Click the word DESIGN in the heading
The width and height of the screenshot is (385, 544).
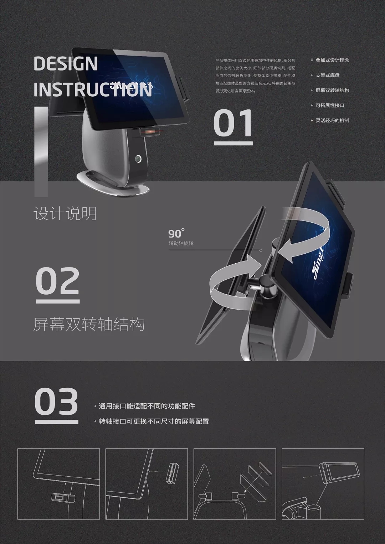pos(66,64)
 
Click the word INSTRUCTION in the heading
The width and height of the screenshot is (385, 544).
pos(93,90)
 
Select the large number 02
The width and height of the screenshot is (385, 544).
pos(58,281)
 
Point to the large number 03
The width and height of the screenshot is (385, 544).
pos(56,401)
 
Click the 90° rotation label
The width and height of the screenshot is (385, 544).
pos(176,234)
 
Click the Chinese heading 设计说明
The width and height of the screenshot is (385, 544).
pos(65,214)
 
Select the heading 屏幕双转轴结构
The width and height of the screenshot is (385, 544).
pos(89,325)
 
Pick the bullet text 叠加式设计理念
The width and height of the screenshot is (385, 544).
pos(332,60)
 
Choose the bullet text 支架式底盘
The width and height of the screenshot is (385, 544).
pos(327,75)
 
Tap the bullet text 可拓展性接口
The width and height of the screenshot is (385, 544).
pos(330,105)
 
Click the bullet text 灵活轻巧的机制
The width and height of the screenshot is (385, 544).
pos(332,120)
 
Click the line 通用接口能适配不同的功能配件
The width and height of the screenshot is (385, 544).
pos(147,406)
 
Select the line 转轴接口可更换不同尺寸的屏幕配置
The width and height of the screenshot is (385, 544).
pos(154,421)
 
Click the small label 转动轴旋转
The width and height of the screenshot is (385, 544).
pos(181,243)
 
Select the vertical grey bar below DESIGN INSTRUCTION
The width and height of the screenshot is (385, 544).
pos(41,151)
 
